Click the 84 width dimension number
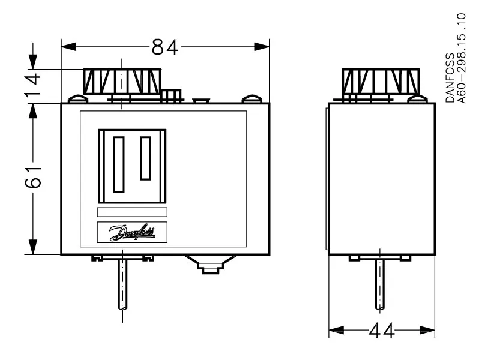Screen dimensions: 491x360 click(x=165, y=47)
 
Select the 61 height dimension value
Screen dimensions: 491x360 click(x=33, y=178)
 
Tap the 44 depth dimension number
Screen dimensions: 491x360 click(x=381, y=331)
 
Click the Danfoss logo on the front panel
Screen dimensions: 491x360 click(x=132, y=232)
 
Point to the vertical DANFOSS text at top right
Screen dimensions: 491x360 click(x=450, y=77)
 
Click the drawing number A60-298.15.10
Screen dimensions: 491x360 click(x=462, y=58)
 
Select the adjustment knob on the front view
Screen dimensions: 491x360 click(x=122, y=82)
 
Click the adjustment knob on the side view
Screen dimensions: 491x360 click(x=381, y=82)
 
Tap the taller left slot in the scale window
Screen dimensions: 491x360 click(x=119, y=164)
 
